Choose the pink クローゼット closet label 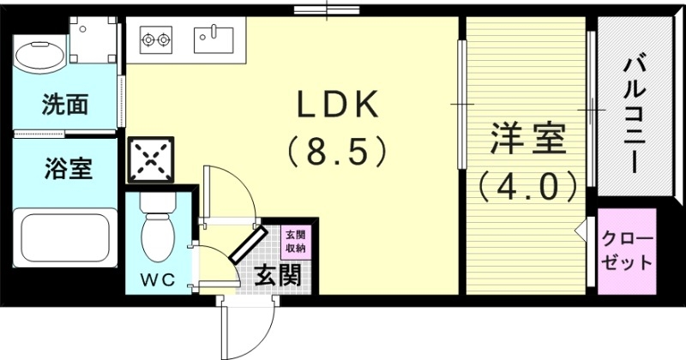pyautogui.click(x=627, y=251)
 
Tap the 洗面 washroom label pyautogui.click(x=65, y=105)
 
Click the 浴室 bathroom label pyautogui.click(x=67, y=169)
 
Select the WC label pyautogui.click(x=157, y=279)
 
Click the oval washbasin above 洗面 pyautogui.click(x=39, y=55)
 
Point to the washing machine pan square pyautogui.click(x=93, y=40)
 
